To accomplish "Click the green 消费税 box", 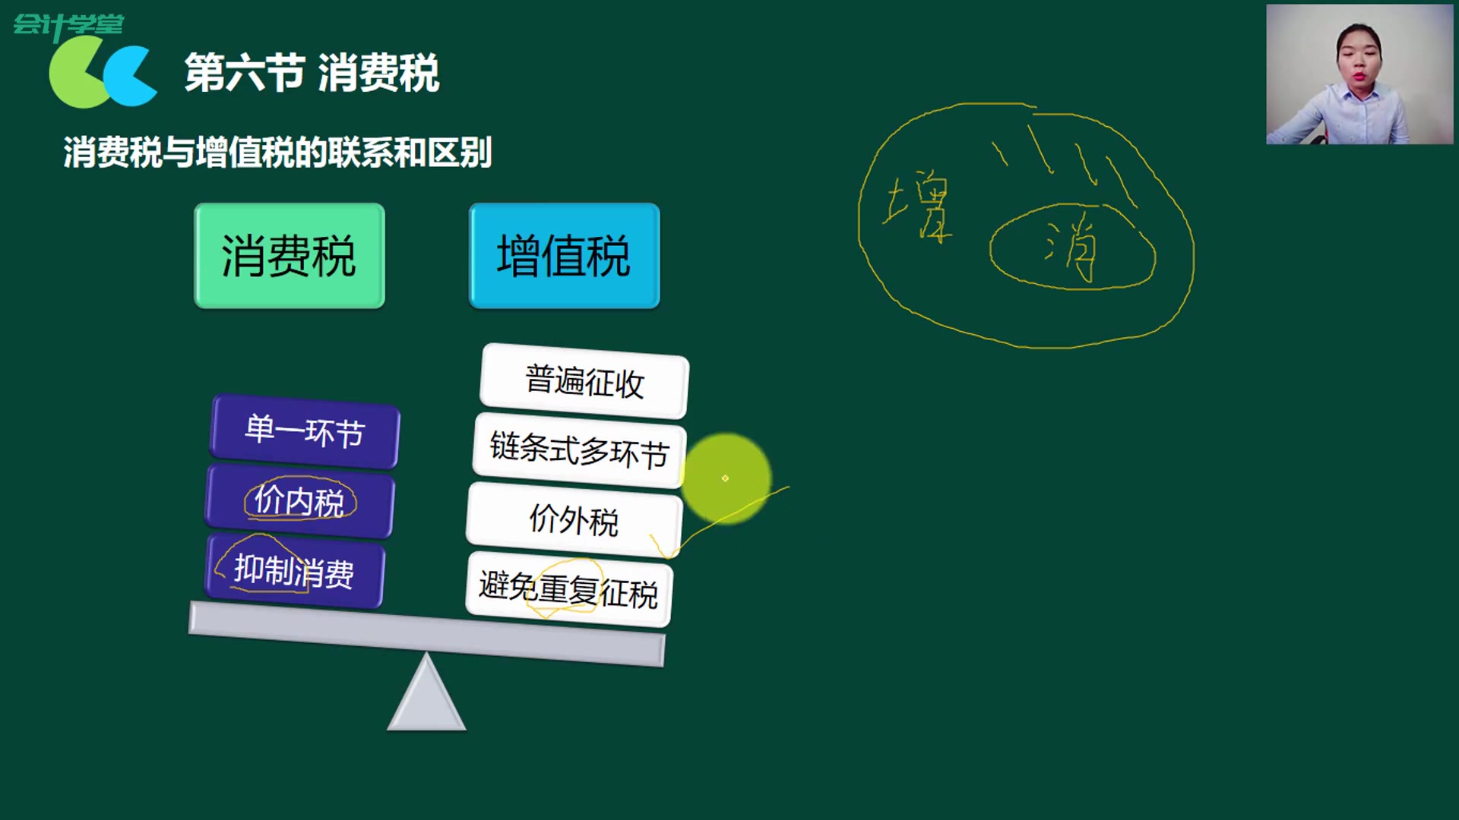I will [x=289, y=255].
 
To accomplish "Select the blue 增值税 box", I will [x=564, y=255].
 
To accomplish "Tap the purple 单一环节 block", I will [x=305, y=430].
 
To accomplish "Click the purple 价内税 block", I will [x=299, y=501].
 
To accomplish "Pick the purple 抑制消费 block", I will [x=294, y=571].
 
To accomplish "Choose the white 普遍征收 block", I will [x=584, y=380].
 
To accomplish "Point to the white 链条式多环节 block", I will [x=579, y=449].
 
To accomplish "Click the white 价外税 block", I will [x=574, y=519].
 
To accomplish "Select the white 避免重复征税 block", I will [x=568, y=590].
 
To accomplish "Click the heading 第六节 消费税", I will [x=312, y=73].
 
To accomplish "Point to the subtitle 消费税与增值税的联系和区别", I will [x=277, y=153].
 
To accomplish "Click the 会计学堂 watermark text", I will [x=68, y=24].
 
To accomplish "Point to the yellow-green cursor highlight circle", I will [x=726, y=478].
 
